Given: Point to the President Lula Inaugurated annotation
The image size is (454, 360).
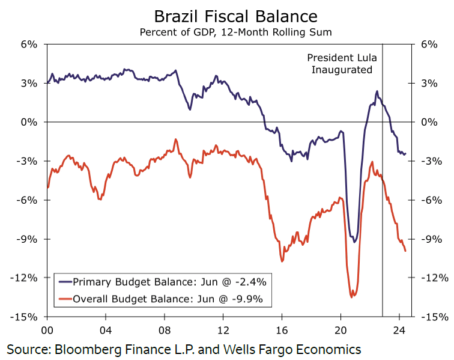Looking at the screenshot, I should click(340, 63).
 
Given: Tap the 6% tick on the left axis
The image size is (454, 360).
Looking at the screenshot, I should click(29, 44).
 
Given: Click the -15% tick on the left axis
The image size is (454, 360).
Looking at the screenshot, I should click(26, 317).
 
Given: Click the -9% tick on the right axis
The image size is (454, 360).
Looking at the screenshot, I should click(432, 239).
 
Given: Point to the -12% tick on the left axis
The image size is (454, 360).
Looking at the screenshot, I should click(26, 278).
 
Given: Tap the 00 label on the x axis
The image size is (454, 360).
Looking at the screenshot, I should click(48, 330).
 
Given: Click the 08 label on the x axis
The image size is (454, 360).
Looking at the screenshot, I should click(165, 330).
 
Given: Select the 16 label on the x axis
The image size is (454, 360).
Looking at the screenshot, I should click(282, 330).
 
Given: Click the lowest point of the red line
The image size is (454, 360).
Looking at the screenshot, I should click(352, 296).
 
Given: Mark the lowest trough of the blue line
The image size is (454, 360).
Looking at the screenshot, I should click(354, 242).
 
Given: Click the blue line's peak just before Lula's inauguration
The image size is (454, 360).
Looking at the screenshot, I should click(377, 91).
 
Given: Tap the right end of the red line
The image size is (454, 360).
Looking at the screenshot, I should click(406, 251).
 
